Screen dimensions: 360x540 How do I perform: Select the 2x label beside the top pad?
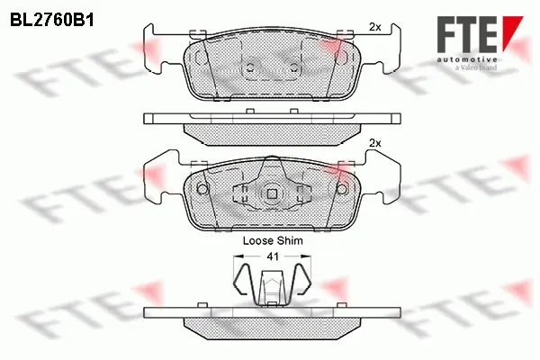click(375, 29)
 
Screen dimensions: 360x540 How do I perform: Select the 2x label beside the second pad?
click(375, 143)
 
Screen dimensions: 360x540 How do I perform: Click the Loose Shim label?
click(273, 241)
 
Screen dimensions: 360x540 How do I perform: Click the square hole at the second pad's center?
click(272, 193)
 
